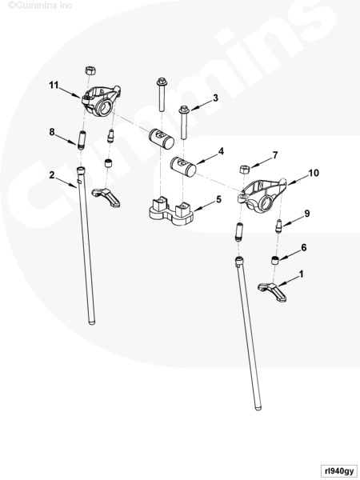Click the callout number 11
[x=54, y=85]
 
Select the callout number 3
[x=215, y=98]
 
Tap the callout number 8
[x=52, y=132]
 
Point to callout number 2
[x=52, y=175]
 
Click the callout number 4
[x=221, y=151]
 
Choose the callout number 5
[x=218, y=199]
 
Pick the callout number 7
[x=275, y=155]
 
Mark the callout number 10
[x=314, y=173]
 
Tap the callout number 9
[x=307, y=214]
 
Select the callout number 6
[x=304, y=247]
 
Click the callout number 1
[x=302, y=274]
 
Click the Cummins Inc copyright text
[x=40, y=5]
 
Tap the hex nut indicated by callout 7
[x=245, y=169]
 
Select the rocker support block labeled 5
[x=171, y=211]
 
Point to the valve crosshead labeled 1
[x=272, y=292]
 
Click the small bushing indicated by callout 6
[x=276, y=261]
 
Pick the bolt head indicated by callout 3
[x=184, y=109]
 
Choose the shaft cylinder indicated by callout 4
[x=183, y=166]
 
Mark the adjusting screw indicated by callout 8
[x=82, y=140]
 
